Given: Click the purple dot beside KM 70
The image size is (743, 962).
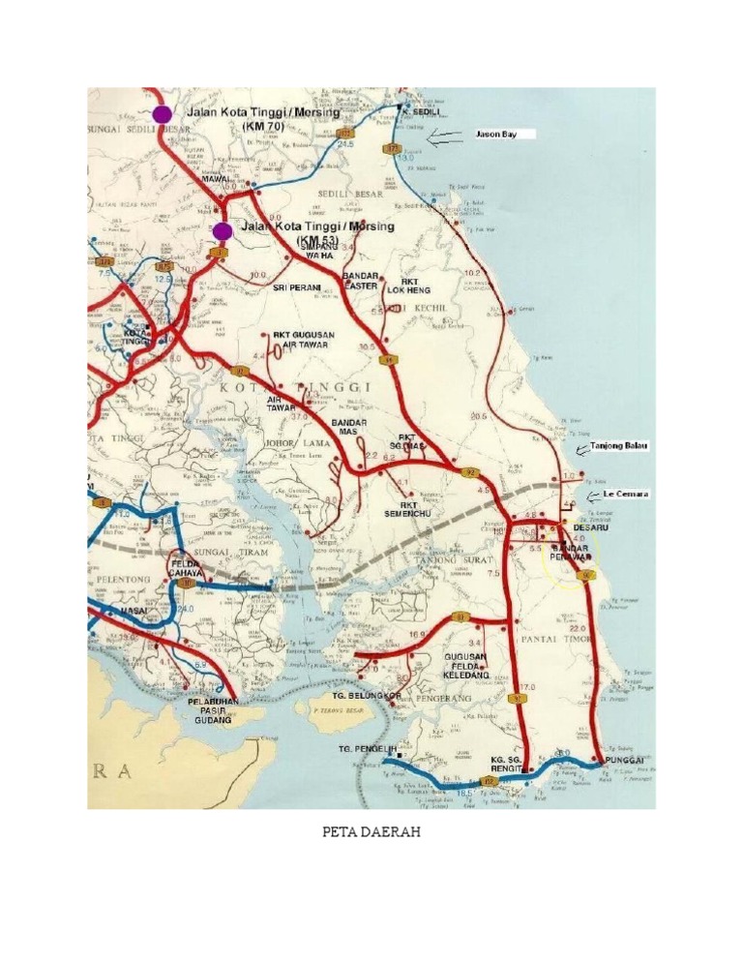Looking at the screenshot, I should pyautogui.click(x=162, y=113).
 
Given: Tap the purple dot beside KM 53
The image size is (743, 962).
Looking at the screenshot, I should pyautogui.click(x=223, y=230).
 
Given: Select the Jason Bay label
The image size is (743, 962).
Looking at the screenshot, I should pyautogui.click(x=495, y=135).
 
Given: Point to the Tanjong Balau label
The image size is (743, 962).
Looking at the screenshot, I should pyautogui.click(x=619, y=445).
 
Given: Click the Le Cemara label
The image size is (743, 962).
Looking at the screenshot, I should pyautogui.click(x=621, y=494).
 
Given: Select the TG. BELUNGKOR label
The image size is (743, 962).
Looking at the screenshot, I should pyautogui.click(x=367, y=695).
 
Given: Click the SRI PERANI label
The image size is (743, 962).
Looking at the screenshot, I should pyautogui.click(x=295, y=287).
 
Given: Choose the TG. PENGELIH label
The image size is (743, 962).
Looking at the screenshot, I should pyautogui.click(x=367, y=749).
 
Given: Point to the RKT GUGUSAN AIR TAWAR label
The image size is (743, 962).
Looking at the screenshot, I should pyautogui.click(x=304, y=340).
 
